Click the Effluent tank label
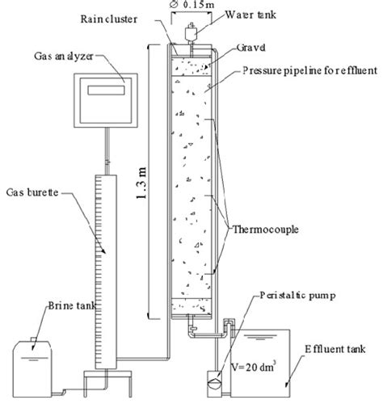337,350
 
